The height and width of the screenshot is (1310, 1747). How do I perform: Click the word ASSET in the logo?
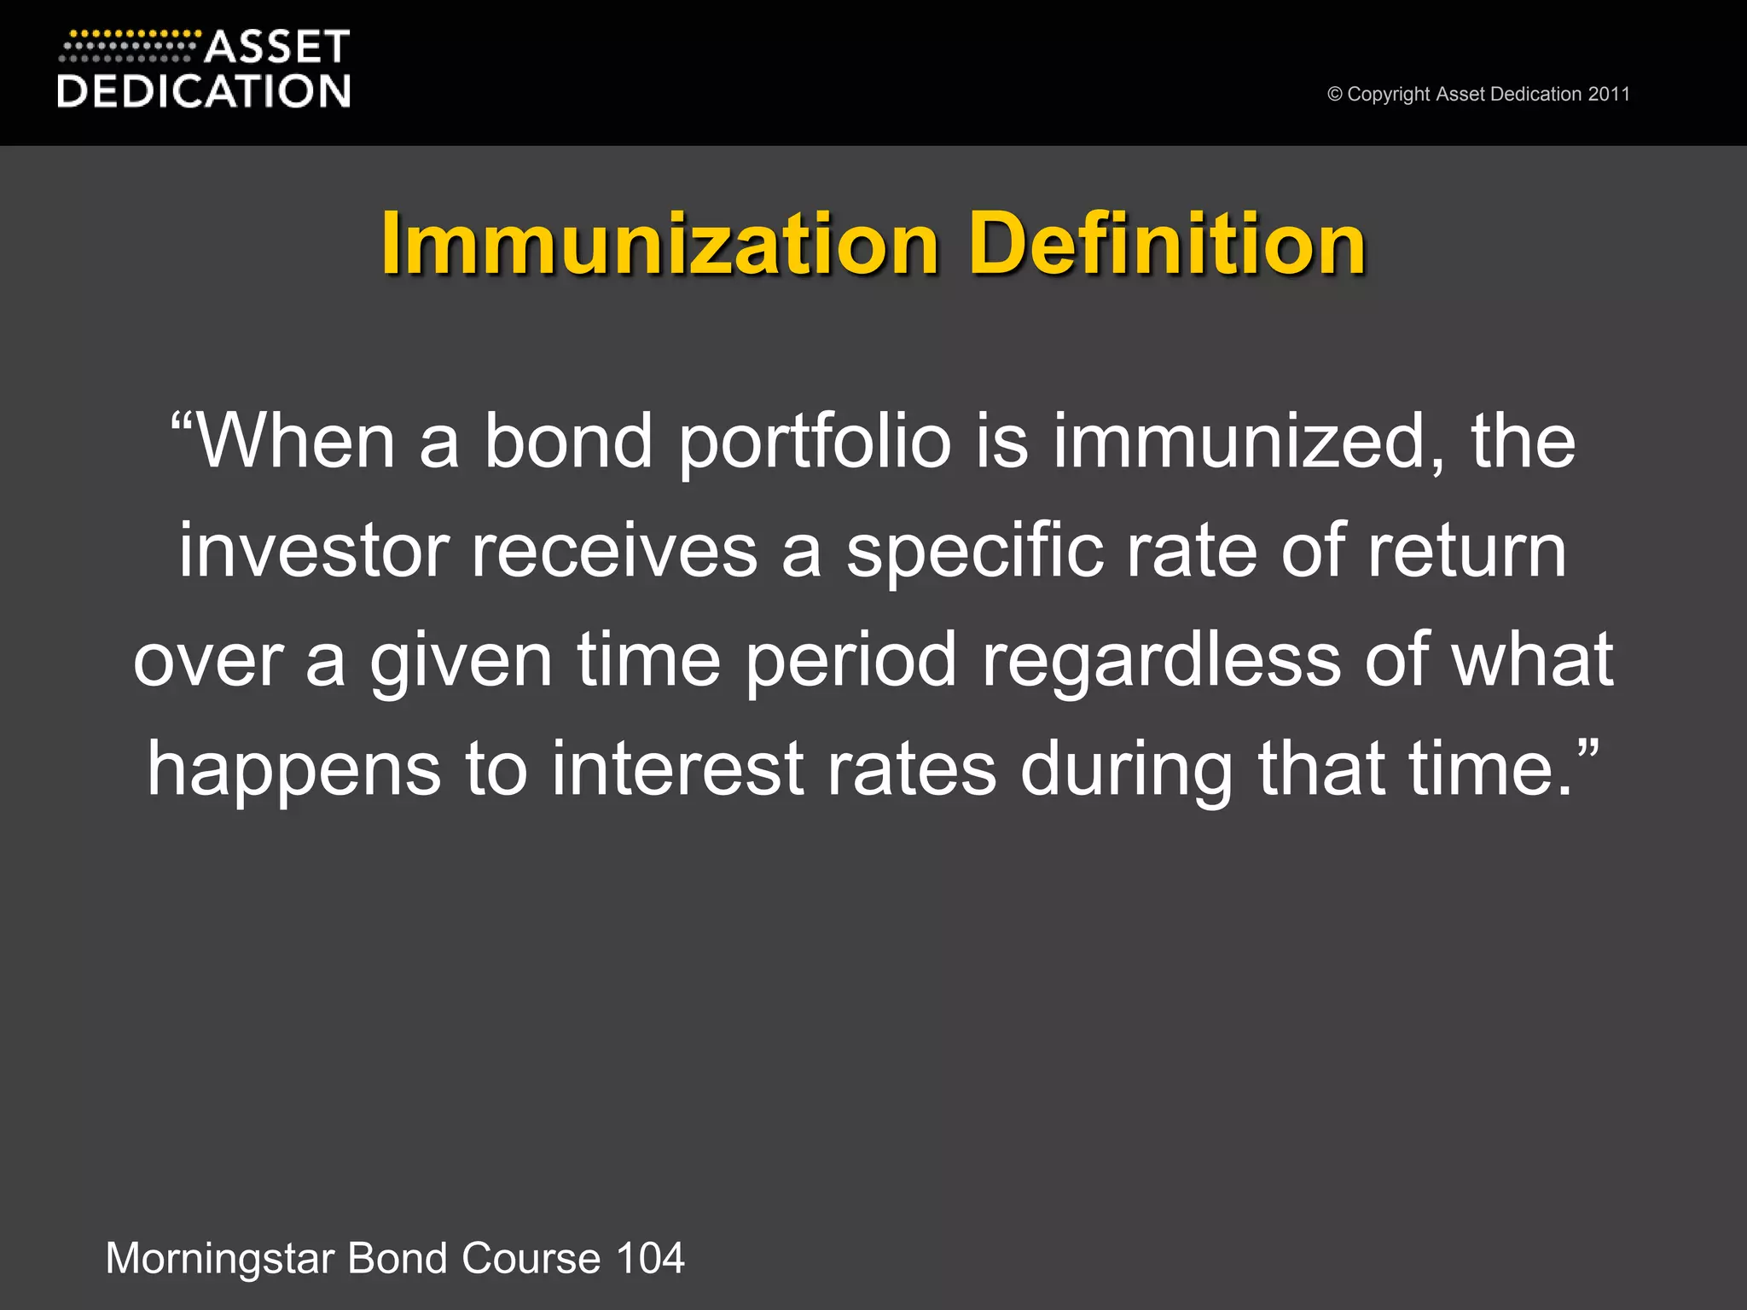click(277, 48)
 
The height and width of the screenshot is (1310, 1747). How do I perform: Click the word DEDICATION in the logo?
click(204, 91)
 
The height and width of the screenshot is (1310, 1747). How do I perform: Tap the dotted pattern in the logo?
click(128, 47)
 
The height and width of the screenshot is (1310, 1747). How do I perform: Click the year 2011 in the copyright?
click(1609, 95)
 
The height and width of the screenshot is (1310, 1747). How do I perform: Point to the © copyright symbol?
click(1335, 95)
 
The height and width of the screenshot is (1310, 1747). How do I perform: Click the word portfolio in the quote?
click(815, 442)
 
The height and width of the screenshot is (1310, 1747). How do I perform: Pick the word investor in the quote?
click(313, 552)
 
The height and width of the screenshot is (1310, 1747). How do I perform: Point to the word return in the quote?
click(1467, 552)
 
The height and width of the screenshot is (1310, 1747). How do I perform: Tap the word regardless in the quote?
click(1161, 660)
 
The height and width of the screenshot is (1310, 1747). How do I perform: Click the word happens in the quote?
click(294, 769)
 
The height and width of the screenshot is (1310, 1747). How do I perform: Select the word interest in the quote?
click(677, 769)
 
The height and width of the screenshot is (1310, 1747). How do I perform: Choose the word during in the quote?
click(1127, 769)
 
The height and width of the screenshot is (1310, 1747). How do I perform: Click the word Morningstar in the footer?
click(220, 1259)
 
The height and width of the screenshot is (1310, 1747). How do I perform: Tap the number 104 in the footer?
click(650, 1259)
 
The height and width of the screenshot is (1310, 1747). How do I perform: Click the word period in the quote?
click(851, 660)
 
